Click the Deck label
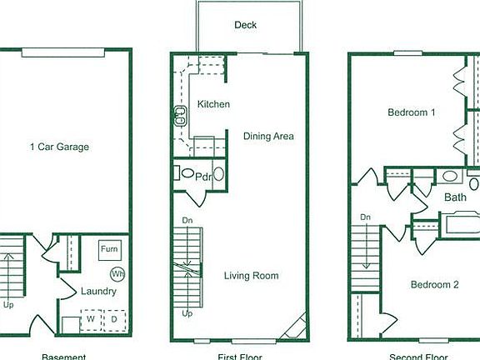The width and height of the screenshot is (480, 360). pos(245,25)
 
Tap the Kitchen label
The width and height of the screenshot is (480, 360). pos(213,104)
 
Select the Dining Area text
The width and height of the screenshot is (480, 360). pos(268,136)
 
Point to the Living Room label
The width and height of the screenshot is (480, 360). pos(251,276)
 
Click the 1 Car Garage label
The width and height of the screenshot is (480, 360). pos(59,147)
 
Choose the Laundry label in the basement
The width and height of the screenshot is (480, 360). pos(98,292)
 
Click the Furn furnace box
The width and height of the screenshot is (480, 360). pos(109,249)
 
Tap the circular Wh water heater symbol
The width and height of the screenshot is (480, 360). pos(117,273)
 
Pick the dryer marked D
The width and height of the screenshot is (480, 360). pos(113,317)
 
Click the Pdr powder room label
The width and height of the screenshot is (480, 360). pos(203,176)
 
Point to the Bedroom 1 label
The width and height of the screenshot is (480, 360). pos(412,112)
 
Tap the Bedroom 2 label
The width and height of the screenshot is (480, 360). pos(434,284)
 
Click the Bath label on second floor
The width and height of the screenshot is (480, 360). pos(455,197)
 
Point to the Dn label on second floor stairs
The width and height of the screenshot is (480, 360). pos(365,217)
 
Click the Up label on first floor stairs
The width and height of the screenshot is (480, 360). pos(187,314)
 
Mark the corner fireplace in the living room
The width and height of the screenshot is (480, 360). pos(295,327)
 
